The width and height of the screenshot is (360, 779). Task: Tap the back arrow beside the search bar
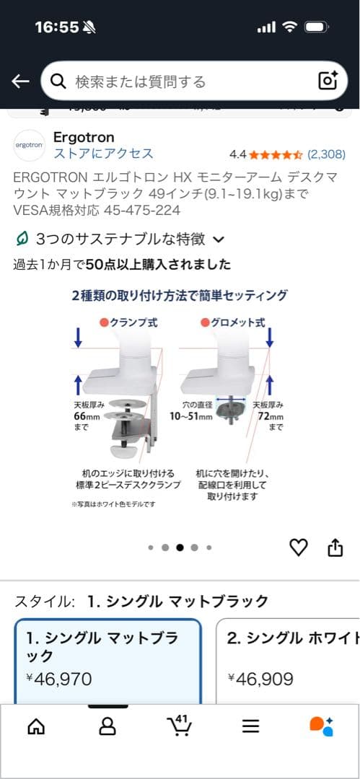(20, 81)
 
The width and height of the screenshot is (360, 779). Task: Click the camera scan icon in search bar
(328, 81)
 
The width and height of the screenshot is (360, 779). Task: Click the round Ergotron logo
(29, 145)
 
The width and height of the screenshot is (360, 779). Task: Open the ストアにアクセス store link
(103, 154)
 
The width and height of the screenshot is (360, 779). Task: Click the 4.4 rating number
(237, 154)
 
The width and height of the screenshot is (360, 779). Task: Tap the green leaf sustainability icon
(23, 239)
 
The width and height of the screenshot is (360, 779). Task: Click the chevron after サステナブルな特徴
(219, 239)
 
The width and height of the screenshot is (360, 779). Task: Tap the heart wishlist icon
(298, 547)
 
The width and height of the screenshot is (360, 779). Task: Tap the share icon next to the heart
(335, 547)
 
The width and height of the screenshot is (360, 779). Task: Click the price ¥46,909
(260, 678)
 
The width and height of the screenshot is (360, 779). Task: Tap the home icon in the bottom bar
(35, 726)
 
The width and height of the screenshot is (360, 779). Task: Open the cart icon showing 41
(178, 726)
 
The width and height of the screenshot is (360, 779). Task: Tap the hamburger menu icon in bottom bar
(250, 726)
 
